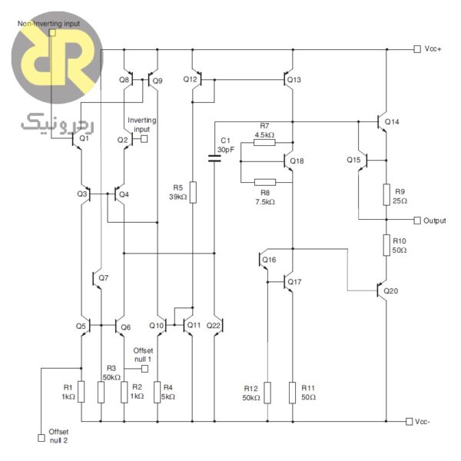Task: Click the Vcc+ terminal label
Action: tap(432, 48)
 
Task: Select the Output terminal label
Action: tap(435, 221)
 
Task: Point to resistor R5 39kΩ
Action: tap(192, 191)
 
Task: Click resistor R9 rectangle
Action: tap(386, 194)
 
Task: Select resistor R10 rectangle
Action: tap(386, 245)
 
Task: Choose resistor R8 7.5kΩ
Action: tap(264, 182)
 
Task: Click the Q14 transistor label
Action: tap(393, 122)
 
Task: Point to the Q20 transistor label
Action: tap(392, 291)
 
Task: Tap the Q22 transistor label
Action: tap(214, 326)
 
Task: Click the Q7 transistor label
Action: tap(104, 277)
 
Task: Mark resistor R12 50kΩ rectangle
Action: tap(267, 392)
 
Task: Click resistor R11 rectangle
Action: tap(293, 392)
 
